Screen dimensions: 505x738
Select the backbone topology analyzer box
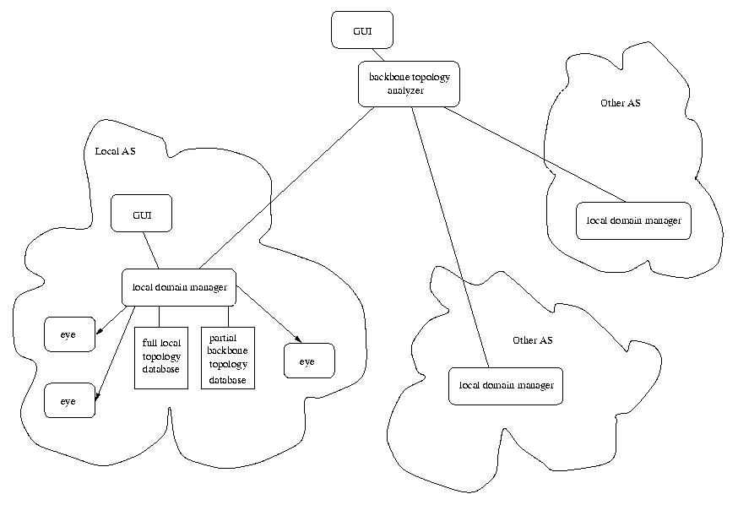click(410, 84)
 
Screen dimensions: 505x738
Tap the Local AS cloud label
click(115, 152)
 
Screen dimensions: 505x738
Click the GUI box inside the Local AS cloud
click(142, 214)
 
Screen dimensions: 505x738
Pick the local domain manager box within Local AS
click(179, 287)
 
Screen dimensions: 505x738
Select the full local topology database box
click(160, 357)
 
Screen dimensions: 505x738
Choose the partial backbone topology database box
click(227, 357)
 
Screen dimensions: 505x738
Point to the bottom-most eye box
click(69, 400)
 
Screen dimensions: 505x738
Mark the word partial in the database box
click(222, 336)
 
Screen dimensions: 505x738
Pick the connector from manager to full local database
click(160, 315)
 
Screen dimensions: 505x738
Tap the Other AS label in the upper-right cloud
click(620, 103)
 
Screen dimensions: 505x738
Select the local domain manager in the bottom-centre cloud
click(506, 386)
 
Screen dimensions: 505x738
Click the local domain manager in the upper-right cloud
click(633, 220)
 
